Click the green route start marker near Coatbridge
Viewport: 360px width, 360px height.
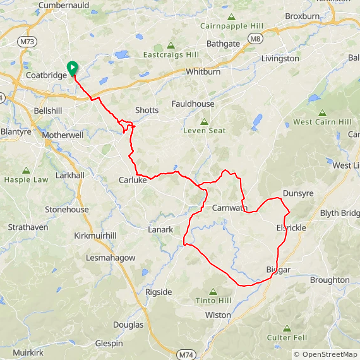click(72, 68)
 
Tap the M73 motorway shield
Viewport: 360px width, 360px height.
click(27, 42)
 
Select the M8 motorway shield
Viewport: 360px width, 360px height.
click(255, 39)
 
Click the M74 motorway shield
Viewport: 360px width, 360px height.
click(186, 355)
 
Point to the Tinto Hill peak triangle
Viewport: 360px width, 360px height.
click(212, 292)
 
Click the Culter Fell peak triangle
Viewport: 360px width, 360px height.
click(287, 328)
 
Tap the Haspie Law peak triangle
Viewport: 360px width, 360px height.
click(26, 170)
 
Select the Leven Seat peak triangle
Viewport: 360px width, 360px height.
click(204, 121)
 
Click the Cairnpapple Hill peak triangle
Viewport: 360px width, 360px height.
click(231, 17)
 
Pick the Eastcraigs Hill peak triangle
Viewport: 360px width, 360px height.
click(171, 45)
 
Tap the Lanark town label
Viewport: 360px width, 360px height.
click(160, 230)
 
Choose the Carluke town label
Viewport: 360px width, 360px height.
click(133, 180)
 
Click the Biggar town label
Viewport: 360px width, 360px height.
click(278, 270)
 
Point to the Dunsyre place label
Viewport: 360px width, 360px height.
click(298, 194)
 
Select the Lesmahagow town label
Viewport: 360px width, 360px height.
click(111, 258)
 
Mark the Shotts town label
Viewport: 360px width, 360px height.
click(147, 110)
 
